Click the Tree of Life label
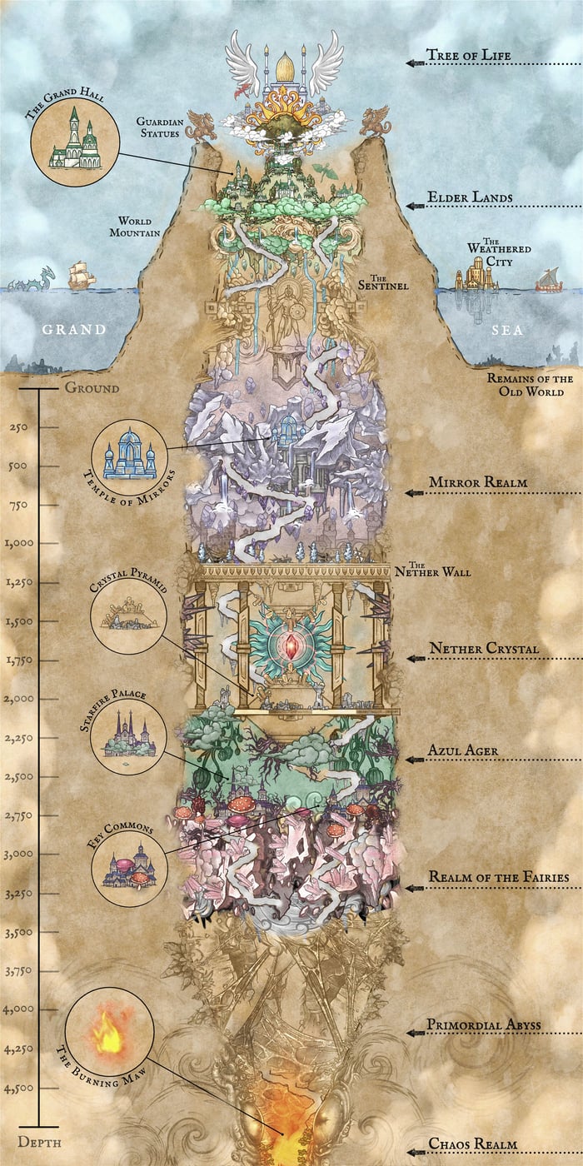click(468, 57)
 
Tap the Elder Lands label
click(470, 199)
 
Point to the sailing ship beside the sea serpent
click(82, 276)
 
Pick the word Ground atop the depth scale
click(92, 388)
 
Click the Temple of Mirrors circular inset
click(129, 459)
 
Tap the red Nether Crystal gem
click(291, 646)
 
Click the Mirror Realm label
click(477, 482)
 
